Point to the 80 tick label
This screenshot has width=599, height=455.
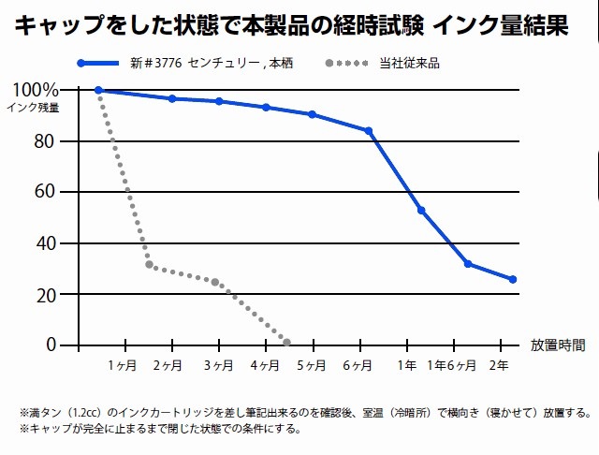pyautogui.click(x=46, y=141)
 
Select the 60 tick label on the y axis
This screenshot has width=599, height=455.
pyautogui.click(x=46, y=192)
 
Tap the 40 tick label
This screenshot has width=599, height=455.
pyautogui.click(x=46, y=243)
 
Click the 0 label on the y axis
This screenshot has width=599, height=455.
pyautogui.click(x=51, y=345)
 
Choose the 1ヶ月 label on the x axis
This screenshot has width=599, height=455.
pyautogui.click(x=122, y=364)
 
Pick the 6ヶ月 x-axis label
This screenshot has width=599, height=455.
pyautogui.click(x=359, y=364)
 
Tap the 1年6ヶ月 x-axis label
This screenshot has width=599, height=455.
pyautogui.click(x=455, y=364)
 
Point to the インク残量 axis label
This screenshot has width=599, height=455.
pyautogui.click(x=33, y=107)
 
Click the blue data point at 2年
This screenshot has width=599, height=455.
pyautogui.click(x=513, y=279)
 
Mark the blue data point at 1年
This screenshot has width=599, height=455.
pyautogui.click(x=421, y=210)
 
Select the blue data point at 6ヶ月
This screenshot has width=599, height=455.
pyautogui.click(x=369, y=131)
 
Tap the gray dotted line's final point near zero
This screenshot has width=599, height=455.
pyautogui.click(x=286, y=342)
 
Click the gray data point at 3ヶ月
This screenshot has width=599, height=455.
pyautogui.click(x=215, y=282)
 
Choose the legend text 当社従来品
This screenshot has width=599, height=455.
pyautogui.click(x=412, y=64)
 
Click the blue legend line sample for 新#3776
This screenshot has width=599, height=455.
pyautogui.click(x=100, y=64)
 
